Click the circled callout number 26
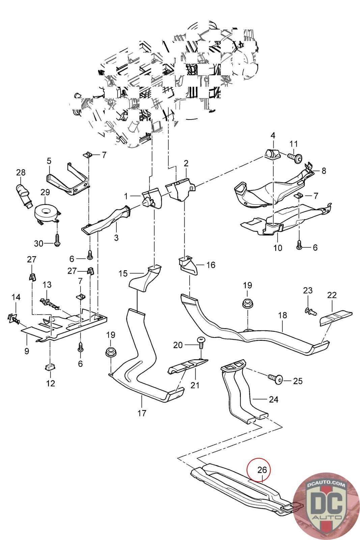pyautogui.click(x=262, y=469)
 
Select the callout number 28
pyautogui.click(x=21, y=172)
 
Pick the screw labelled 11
pyautogui.click(x=295, y=157)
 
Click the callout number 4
pyautogui.click(x=273, y=136)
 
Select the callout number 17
pyautogui.click(x=142, y=412)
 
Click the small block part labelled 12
pyautogui.click(x=50, y=367)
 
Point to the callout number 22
pyautogui.click(x=332, y=295)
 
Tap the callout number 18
pyautogui.click(x=282, y=315)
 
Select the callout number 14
pyautogui.click(x=16, y=297)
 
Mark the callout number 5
pyautogui.click(x=49, y=161)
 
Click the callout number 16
pyautogui.click(x=211, y=265)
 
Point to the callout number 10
pyautogui.click(x=278, y=248)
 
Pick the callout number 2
pyautogui.click(x=186, y=164)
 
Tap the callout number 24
pyautogui.click(x=274, y=399)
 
